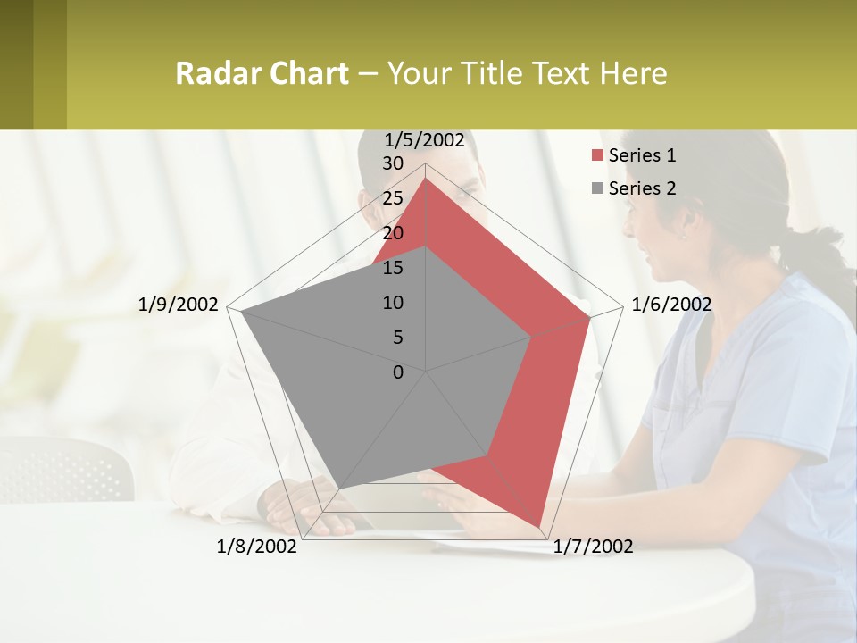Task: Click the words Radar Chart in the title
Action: pos(262,74)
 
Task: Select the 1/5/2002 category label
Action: pos(425,139)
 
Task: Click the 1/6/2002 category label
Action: pos(671,305)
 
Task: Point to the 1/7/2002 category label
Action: pos(593,547)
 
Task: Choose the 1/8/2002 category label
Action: pos(257,547)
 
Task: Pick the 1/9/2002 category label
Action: pos(179,305)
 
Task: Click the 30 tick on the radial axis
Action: pos(393,163)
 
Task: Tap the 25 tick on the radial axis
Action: pos(393,198)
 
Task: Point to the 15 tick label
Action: pos(393,268)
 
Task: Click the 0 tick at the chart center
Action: pos(398,372)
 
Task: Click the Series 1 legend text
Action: pos(642,155)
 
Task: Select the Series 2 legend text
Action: pos(642,188)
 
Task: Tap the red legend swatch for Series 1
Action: pos(598,155)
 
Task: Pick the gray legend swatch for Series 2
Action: pos(598,188)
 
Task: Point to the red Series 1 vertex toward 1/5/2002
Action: pos(426,180)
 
